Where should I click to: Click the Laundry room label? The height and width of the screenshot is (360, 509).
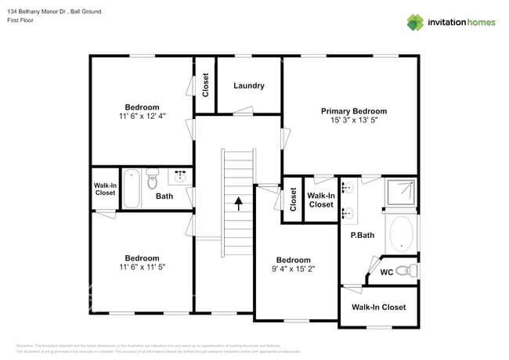[x=248, y=86]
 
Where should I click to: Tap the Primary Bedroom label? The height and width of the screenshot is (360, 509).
[x=353, y=111]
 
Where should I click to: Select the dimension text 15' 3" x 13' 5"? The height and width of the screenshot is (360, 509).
[x=353, y=121]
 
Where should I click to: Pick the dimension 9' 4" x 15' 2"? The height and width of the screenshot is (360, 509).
[x=293, y=269]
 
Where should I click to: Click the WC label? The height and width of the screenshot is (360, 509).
[x=386, y=272]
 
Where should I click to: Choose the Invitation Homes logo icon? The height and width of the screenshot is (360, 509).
[x=414, y=22]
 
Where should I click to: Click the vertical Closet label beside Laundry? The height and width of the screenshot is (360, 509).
[x=205, y=85]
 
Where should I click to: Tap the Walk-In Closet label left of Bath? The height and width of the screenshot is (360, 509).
[x=105, y=189]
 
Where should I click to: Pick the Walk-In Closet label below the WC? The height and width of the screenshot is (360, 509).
[x=378, y=308]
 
